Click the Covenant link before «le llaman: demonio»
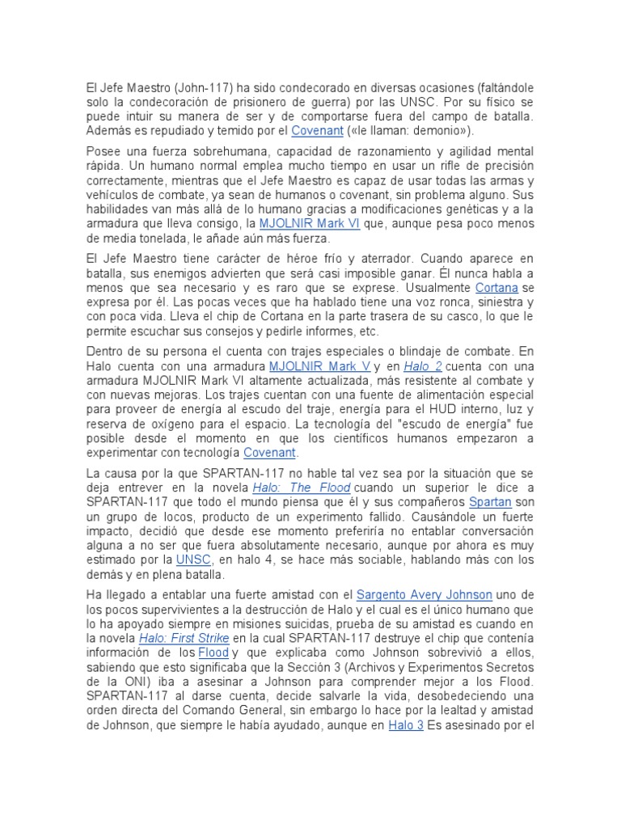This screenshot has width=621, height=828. tap(318, 130)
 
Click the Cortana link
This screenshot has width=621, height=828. tap(497, 289)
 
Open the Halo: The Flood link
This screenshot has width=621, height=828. tap(302, 488)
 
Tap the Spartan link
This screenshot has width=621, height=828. tap(490, 502)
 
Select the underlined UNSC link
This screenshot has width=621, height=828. tap(194, 560)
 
